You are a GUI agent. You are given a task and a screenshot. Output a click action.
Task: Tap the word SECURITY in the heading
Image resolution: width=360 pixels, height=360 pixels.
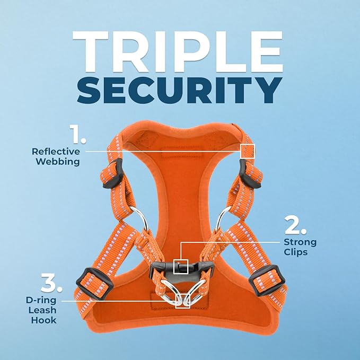[x=180, y=90]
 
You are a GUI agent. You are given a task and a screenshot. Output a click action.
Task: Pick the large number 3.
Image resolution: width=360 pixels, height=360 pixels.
[x=51, y=286]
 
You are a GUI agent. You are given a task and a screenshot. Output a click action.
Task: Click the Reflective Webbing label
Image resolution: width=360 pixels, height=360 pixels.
[x=56, y=156]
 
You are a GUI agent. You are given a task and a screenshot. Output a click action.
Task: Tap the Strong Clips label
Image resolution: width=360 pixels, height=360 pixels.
[x=300, y=247]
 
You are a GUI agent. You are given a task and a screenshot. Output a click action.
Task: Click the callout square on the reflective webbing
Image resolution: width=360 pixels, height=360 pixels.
[x=248, y=151]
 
